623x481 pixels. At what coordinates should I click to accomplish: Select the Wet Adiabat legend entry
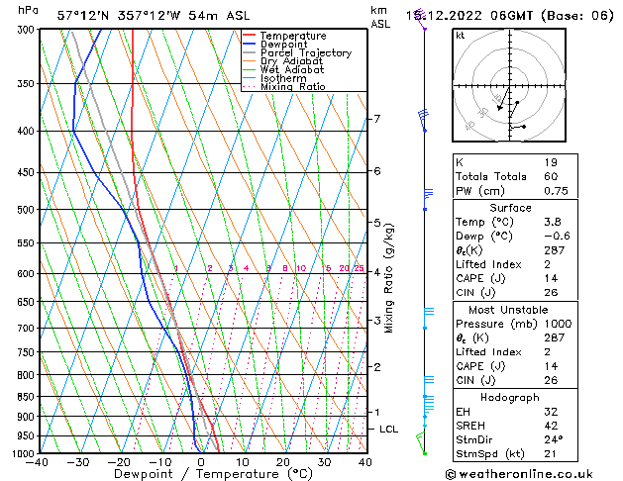pyautogui.click(x=293, y=70)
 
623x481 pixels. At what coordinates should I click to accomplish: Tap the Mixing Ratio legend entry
pyautogui.click(x=293, y=87)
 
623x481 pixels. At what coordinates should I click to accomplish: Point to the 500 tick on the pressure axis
pyautogui.click(x=22, y=210)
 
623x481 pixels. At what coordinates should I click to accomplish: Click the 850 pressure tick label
pyautogui.click(x=22, y=396)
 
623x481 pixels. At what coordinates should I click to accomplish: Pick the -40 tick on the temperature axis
pyautogui.click(x=38, y=462)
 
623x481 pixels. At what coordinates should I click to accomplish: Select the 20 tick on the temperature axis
pyautogui.click(x=283, y=462)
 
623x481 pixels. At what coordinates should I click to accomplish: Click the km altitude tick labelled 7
pyautogui.click(x=376, y=119)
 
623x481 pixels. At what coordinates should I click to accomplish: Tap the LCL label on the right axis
pyautogui.click(x=389, y=429)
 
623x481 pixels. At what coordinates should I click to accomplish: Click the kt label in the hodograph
pyautogui.click(x=461, y=36)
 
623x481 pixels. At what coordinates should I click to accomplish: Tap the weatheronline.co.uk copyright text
pyautogui.click(x=535, y=473)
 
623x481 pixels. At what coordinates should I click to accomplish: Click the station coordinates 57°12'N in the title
pyautogui.click(x=84, y=16)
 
